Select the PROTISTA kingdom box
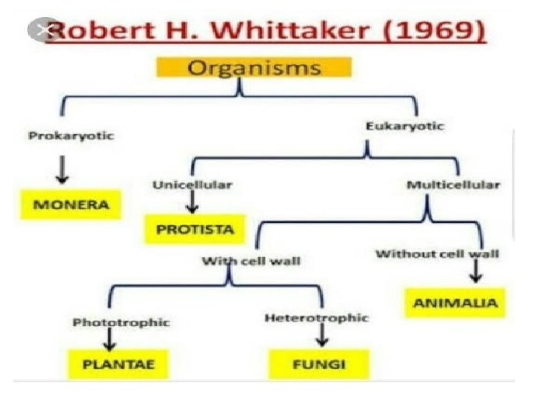[x=195, y=229]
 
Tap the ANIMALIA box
[x=455, y=302]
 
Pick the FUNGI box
[x=318, y=364]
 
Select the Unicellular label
[x=192, y=184]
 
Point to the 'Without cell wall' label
[x=438, y=254]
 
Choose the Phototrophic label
[x=121, y=322]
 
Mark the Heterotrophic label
[x=316, y=318]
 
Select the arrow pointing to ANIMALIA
[x=475, y=272]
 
